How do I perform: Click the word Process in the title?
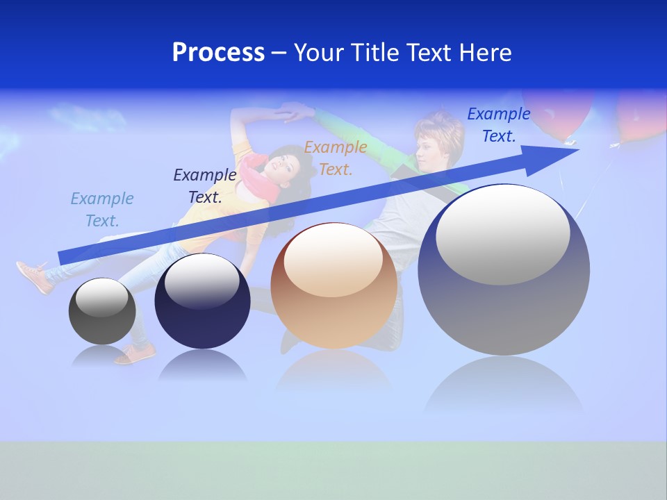[x=218, y=53]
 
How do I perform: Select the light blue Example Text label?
[x=102, y=210]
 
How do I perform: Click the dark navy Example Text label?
[x=205, y=186]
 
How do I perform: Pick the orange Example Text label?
[x=336, y=158]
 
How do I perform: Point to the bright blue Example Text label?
[x=499, y=125]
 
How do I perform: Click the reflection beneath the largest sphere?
[x=504, y=385]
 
